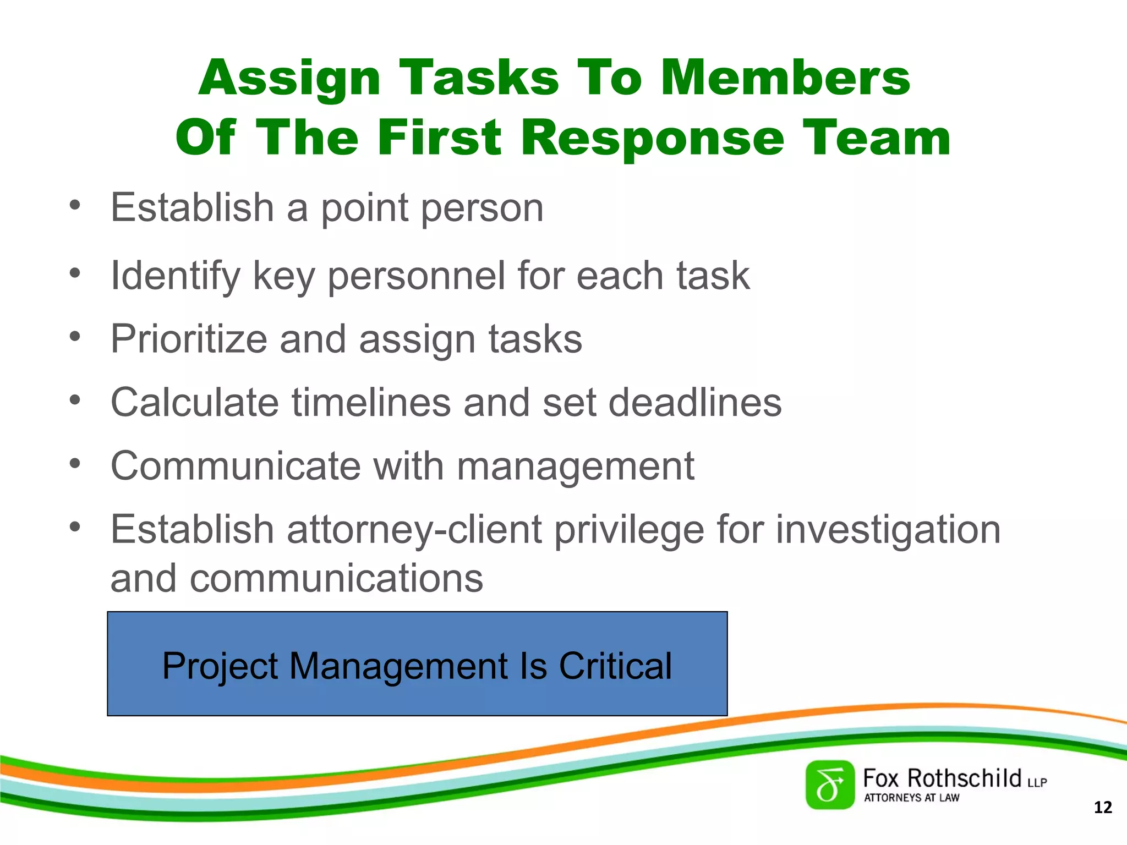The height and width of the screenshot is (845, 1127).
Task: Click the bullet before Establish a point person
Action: point(75,206)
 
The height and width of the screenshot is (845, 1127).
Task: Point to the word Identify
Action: point(175,276)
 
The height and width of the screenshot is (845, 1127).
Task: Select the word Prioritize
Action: point(189,339)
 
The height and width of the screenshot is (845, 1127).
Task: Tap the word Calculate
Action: point(194,402)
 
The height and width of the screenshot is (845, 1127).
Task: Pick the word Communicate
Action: point(235,466)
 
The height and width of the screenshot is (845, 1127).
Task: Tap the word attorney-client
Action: point(414,530)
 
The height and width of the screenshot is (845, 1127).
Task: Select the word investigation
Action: point(888,530)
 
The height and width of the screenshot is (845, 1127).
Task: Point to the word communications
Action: point(336,578)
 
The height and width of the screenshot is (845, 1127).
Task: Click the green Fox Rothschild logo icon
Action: point(830,785)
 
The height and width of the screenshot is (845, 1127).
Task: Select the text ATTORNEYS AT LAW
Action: point(911,798)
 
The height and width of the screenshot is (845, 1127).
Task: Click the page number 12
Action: point(1102,808)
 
